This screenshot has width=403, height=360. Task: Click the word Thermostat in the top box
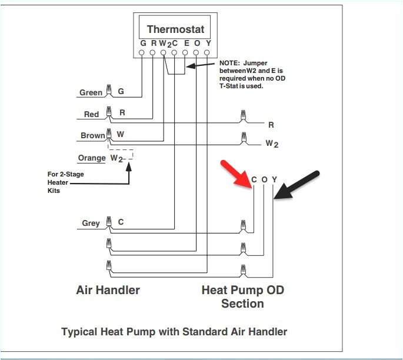(x=175, y=29)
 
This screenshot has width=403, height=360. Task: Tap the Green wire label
(x=91, y=92)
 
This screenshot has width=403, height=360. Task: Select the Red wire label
(x=91, y=114)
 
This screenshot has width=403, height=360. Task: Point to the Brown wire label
(x=92, y=135)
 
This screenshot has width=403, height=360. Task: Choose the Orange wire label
(x=92, y=158)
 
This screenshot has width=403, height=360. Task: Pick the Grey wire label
(x=91, y=223)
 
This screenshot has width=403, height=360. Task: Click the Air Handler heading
(x=108, y=290)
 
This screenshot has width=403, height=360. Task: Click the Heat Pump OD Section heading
(x=242, y=296)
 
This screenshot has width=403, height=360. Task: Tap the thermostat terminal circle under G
(x=142, y=53)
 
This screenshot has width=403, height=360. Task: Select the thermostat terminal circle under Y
(x=207, y=53)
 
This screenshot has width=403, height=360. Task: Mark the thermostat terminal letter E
(x=186, y=43)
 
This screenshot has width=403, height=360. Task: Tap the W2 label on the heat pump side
(x=271, y=143)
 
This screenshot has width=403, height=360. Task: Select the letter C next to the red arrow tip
(x=254, y=180)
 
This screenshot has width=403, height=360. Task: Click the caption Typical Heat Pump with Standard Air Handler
(x=174, y=332)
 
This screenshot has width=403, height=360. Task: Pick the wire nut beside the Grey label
(x=108, y=222)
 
